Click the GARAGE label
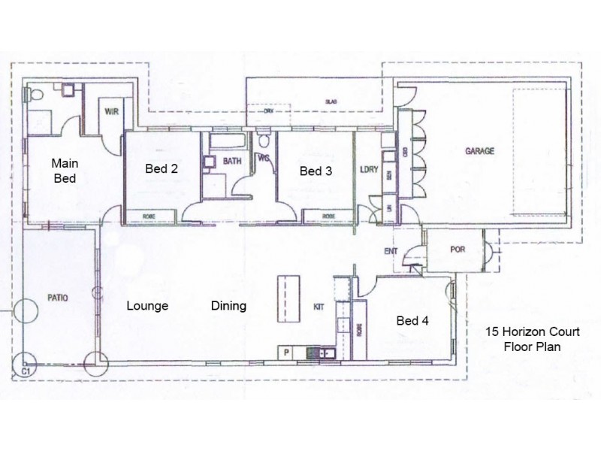[479, 151]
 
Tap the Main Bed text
[65, 170]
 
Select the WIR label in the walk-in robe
[112, 111]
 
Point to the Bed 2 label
[162, 169]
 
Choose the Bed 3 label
[316, 171]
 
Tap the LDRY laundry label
[367, 170]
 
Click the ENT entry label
[390, 252]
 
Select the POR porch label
[456, 250]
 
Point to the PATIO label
[57, 298]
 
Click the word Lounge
[146, 306]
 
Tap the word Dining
[228, 306]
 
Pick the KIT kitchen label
[319, 307]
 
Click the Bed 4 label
[412, 321]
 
